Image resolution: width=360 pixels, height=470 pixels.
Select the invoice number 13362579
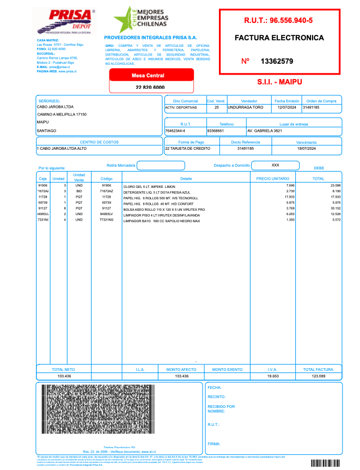pos(277,61)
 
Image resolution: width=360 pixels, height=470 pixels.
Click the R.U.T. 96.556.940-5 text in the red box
pos(278,21)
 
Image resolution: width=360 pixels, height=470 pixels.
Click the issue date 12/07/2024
pos(286,108)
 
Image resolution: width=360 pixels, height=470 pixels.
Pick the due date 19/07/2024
pos(306,148)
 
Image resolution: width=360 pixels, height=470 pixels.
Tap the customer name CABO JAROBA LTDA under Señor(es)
pos(54,107)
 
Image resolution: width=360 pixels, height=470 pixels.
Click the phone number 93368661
pos(216,131)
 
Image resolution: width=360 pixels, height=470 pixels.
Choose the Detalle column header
pos(186,178)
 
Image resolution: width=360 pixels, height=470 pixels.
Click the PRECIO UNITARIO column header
pos(272,178)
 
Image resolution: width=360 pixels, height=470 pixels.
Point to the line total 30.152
pos(335,209)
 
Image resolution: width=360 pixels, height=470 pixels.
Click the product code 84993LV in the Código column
pos(106,214)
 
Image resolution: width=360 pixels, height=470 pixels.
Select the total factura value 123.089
pos(318,376)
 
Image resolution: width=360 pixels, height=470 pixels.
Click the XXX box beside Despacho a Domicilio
pos(275,164)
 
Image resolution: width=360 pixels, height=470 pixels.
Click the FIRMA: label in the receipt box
pos(213,444)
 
